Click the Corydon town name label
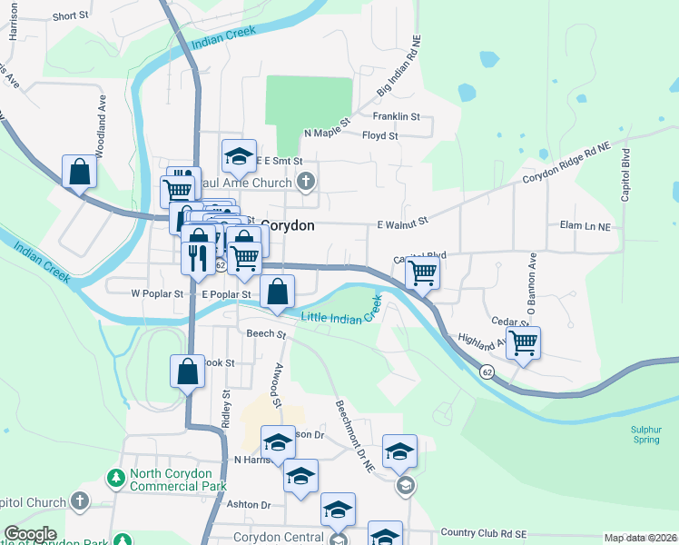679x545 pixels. (x=288, y=225)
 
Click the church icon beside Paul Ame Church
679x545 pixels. (x=306, y=183)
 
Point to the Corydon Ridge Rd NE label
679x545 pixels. (x=575, y=163)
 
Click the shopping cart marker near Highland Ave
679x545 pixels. (x=524, y=343)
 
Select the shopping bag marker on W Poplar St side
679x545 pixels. (x=278, y=291)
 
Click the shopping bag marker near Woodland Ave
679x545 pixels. (x=80, y=170)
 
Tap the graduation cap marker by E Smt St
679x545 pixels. (x=240, y=155)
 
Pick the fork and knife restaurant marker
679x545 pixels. (x=198, y=257)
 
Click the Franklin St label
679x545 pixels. (x=397, y=116)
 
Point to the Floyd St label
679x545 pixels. (x=380, y=136)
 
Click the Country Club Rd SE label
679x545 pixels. (x=484, y=532)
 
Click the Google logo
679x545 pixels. (x=30, y=535)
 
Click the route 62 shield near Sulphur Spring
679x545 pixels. (x=487, y=372)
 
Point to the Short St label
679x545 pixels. (x=69, y=16)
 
